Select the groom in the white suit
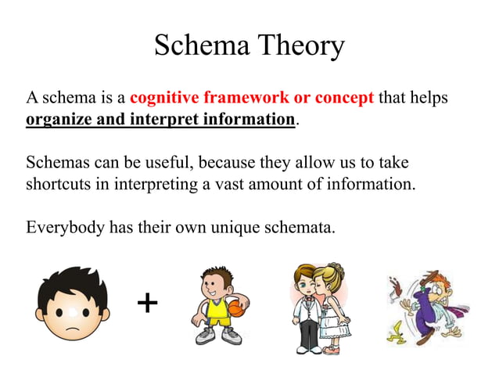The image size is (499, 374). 306,309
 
